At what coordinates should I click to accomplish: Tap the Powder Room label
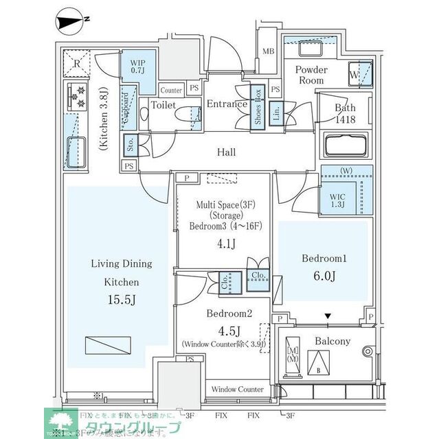pyautogui.click(x=311, y=75)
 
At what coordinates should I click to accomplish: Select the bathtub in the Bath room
pyautogui.click(x=346, y=147)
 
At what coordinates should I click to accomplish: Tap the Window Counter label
pyautogui.click(x=237, y=389)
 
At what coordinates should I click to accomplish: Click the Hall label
pyautogui.click(x=226, y=152)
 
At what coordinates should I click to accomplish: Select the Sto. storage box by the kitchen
pyautogui.click(x=129, y=145)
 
